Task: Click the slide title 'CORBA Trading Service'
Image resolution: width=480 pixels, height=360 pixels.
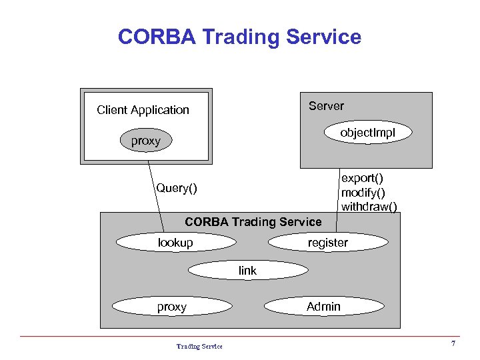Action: click(239, 37)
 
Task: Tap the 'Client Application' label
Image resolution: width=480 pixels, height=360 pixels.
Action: click(143, 110)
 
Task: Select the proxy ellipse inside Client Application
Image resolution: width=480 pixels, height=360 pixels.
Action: click(146, 141)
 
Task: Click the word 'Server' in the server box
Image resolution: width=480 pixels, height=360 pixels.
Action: click(326, 106)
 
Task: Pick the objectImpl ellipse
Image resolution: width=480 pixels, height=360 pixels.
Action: click(367, 133)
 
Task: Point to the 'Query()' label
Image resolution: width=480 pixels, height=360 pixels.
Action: click(177, 188)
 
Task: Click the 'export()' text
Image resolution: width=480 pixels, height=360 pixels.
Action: click(362, 179)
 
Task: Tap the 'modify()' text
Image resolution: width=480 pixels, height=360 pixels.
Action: click(363, 193)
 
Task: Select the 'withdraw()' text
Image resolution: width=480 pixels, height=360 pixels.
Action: click(369, 207)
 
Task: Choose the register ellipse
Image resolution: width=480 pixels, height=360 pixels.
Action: click(327, 243)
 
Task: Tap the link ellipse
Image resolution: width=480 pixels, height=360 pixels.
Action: click(247, 270)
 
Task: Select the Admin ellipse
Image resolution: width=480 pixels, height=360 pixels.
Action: click(323, 307)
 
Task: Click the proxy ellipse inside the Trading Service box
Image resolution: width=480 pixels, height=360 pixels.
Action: click(171, 307)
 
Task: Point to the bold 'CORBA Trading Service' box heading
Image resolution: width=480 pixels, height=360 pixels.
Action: click(253, 222)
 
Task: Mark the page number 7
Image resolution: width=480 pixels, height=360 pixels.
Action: click(453, 344)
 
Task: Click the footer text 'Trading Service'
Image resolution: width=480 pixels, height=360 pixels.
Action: click(199, 346)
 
